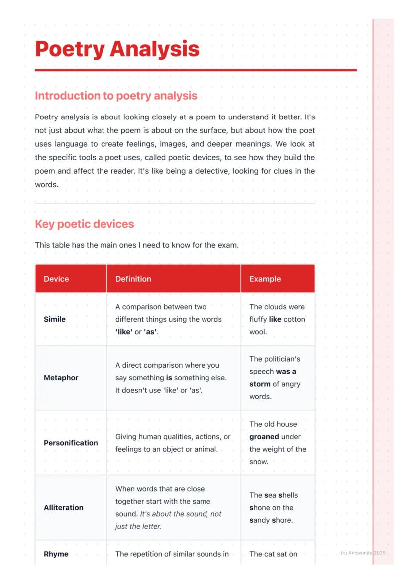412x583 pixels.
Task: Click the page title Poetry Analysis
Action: [117, 49]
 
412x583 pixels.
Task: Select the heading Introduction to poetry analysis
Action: [116, 96]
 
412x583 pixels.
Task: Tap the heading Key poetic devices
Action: [84, 224]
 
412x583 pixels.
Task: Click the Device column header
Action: [56, 279]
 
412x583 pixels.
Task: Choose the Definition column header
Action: [133, 279]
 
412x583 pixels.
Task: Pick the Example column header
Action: [265, 279]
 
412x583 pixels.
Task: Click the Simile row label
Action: [55, 319]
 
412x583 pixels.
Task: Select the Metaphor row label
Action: [61, 378]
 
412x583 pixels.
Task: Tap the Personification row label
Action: [71, 443]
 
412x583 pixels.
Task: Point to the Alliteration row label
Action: [63, 508]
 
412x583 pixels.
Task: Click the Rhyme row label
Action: [56, 554]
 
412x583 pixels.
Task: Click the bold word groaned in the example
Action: [264, 437]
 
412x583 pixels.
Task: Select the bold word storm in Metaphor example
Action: [260, 384]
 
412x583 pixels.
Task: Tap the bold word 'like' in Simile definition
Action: [124, 332]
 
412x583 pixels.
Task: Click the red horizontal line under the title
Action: [196, 70]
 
